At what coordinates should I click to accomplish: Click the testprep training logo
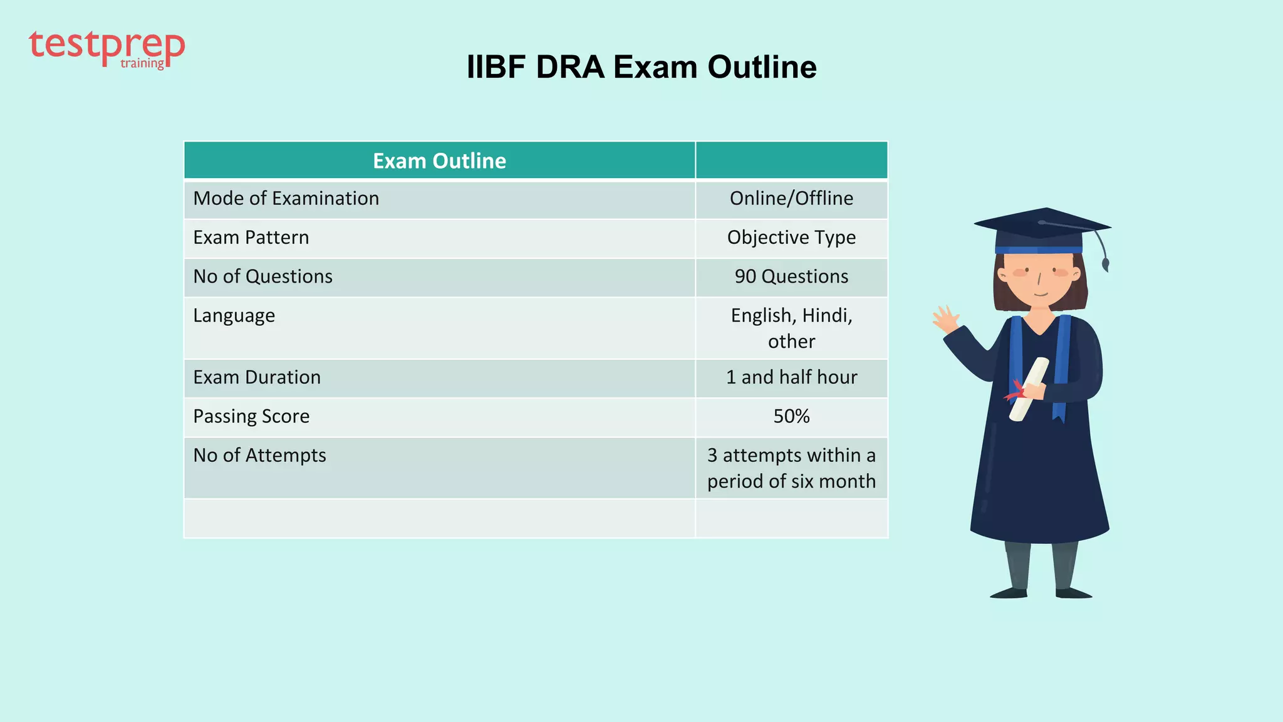(106, 49)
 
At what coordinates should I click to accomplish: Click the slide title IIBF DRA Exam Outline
(641, 67)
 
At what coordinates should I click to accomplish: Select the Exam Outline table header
(439, 161)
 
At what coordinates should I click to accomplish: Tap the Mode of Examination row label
(286, 199)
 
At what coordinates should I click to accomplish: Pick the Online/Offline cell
(791, 199)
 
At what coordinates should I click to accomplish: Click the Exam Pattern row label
(251, 238)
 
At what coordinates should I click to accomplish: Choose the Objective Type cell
(791, 238)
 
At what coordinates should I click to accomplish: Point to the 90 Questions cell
(791, 276)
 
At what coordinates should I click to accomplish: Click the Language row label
(234, 315)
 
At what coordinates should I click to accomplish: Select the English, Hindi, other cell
(791, 328)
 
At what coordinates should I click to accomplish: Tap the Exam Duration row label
(257, 377)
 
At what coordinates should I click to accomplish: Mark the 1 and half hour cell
(791, 377)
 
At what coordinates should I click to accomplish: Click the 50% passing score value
(791, 416)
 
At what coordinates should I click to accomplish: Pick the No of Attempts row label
(259, 456)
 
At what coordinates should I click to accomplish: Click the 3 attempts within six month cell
(791, 468)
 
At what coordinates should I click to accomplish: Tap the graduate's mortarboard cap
(1040, 229)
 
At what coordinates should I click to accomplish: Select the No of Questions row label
(262, 276)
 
